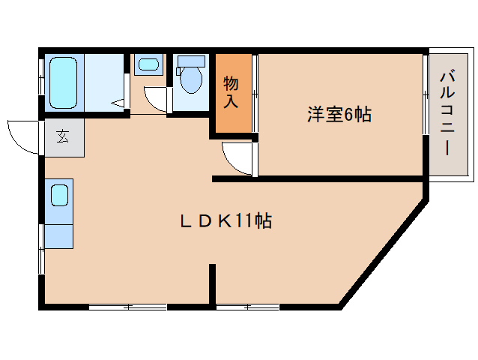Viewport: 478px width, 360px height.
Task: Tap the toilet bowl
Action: point(192,80)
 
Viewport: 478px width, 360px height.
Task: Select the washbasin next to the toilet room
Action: point(148,65)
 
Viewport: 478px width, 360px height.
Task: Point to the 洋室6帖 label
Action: point(339,115)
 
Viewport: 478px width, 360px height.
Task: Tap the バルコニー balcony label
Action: point(447,113)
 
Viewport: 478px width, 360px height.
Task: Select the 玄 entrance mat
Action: point(62,137)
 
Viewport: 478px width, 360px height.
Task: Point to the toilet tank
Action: point(193,61)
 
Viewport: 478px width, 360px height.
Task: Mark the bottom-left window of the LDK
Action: point(128,307)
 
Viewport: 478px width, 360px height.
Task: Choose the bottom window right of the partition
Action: point(247,307)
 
